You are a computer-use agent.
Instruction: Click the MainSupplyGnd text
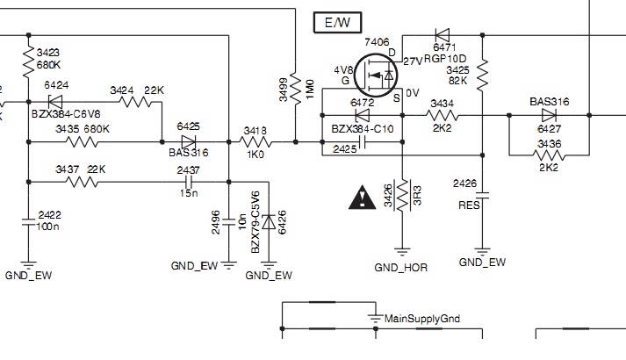[422, 319]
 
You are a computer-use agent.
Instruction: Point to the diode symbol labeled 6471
[442, 34]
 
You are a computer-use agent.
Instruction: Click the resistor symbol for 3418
[255, 140]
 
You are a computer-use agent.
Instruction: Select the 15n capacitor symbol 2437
[187, 183]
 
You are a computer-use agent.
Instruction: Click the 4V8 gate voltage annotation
[343, 69]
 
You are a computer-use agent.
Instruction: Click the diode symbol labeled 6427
[549, 114]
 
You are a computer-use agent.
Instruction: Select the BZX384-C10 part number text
[363, 130]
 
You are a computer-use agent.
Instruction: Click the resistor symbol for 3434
[442, 115]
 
